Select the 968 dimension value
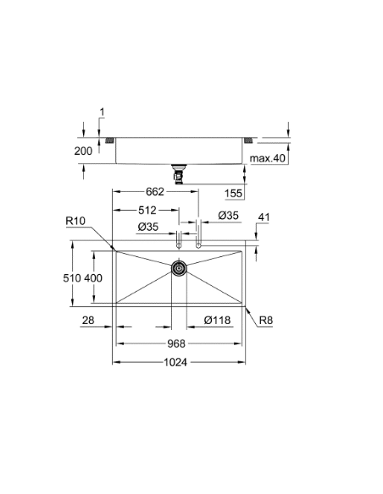point(175,343)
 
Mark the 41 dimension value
point(263,217)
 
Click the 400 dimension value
point(92,277)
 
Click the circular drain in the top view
point(179,268)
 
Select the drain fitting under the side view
point(179,174)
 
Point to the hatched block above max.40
point(251,139)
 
